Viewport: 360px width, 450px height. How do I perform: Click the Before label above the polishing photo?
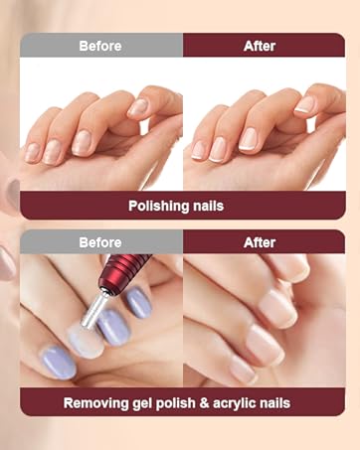100,45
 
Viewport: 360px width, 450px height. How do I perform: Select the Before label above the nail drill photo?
100,241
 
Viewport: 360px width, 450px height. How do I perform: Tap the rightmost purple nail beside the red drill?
137,301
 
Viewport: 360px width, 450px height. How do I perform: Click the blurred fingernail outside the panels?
8,260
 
